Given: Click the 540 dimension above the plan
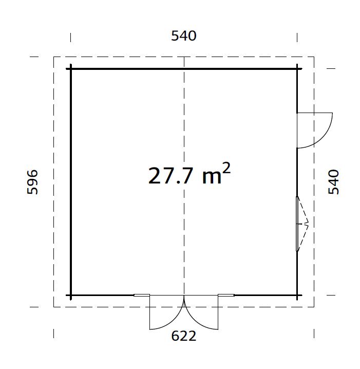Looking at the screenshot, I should [x=183, y=36].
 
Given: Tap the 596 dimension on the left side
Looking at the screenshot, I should [x=32, y=182].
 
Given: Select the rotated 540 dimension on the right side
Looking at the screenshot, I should [x=334, y=182].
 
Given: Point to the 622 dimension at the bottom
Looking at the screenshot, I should [x=183, y=337].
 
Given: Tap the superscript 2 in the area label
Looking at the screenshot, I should [x=226, y=169].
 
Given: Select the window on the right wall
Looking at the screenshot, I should [x=297, y=224].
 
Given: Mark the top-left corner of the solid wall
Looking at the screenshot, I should [x=71, y=68].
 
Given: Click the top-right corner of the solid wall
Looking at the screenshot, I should [x=297, y=68].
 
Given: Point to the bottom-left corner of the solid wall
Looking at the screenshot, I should [x=71, y=296].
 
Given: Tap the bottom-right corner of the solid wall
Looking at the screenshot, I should [x=297, y=296].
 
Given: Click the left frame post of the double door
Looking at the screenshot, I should [x=141, y=296].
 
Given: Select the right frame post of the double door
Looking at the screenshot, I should [x=226, y=296].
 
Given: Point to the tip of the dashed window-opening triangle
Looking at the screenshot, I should [x=308, y=224].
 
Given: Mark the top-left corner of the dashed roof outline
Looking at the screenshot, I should [x=54, y=57].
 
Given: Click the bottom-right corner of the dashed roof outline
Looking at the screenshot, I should [x=314, y=307].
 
